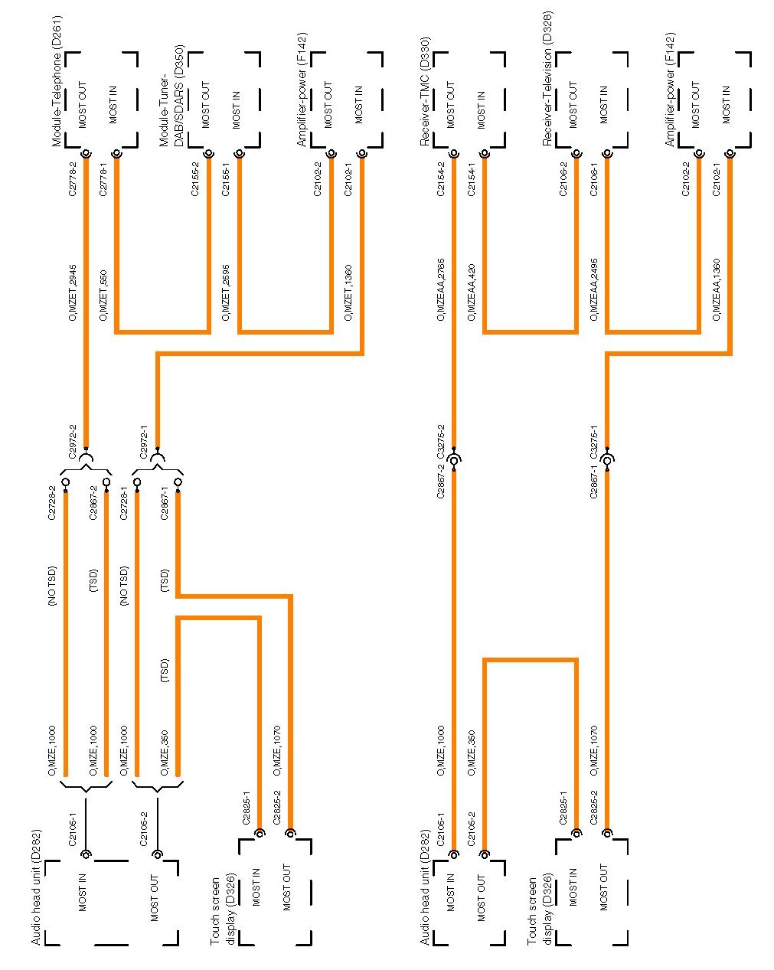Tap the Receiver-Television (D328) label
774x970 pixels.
click(547, 79)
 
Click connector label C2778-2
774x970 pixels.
click(73, 179)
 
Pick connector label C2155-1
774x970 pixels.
click(227, 179)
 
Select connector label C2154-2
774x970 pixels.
click(442, 179)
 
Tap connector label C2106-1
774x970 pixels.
click(595, 179)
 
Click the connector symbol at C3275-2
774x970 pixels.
click(454, 460)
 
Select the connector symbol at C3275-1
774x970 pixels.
click(607, 460)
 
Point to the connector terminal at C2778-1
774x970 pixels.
click(116, 154)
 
